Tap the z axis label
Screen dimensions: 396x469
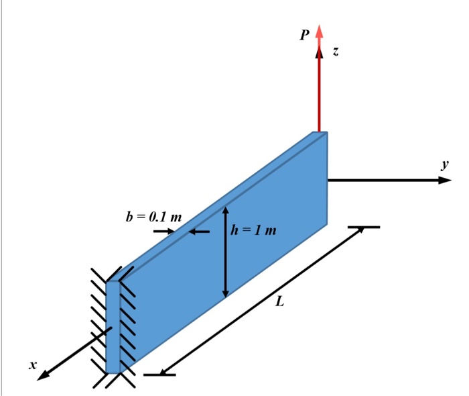[335, 52]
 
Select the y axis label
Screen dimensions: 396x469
[444, 164]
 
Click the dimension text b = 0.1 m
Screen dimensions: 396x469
[153, 217]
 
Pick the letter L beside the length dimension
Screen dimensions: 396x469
[280, 303]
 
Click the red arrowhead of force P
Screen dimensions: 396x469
[319, 32]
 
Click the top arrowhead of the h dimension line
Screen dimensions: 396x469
[226, 210]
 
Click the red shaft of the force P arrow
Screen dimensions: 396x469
[320, 87]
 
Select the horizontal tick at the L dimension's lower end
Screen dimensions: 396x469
[159, 374]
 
